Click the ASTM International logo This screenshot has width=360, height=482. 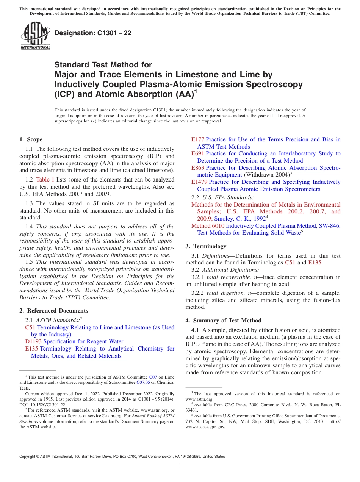(x=35, y=36)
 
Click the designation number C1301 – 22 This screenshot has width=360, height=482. (x=93, y=33)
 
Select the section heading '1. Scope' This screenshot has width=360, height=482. (x=31, y=139)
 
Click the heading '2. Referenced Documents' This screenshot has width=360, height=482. (x=54, y=311)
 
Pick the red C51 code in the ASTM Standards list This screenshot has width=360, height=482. (x=30, y=327)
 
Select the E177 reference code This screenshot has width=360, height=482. (x=198, y=139)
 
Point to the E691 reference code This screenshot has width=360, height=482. (x=198, y=153)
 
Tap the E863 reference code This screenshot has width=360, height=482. (x=198, y=168)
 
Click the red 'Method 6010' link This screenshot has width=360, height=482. (x=208, y=226)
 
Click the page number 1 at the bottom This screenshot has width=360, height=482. (x=180, y=466)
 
